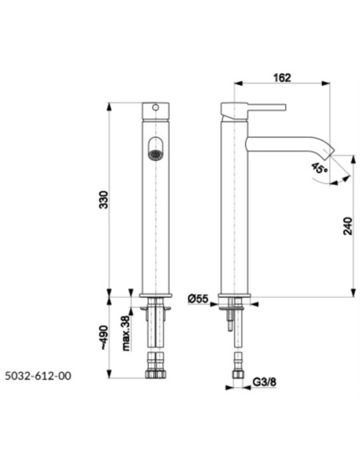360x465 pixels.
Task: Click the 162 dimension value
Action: [282, 78]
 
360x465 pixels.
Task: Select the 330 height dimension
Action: [104, 200]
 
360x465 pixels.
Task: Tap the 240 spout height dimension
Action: [348, 226]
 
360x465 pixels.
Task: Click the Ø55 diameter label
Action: [198, 299]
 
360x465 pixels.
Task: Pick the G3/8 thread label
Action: [264, 382]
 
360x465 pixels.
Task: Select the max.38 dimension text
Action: [127, 333]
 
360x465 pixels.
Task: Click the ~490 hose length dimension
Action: [104, 338]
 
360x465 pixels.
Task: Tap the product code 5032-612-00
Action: [38, 376]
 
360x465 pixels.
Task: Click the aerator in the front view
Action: [155, 154]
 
